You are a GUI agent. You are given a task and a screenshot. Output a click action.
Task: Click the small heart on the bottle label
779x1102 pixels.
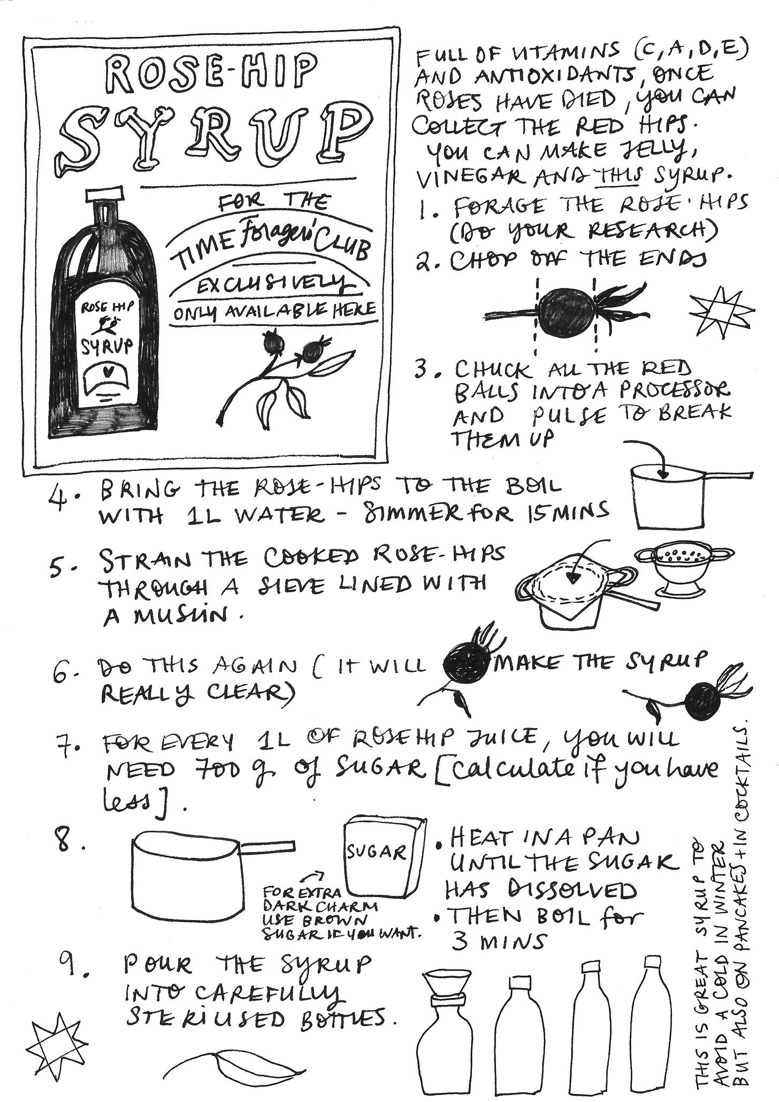(x=107, y=370)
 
